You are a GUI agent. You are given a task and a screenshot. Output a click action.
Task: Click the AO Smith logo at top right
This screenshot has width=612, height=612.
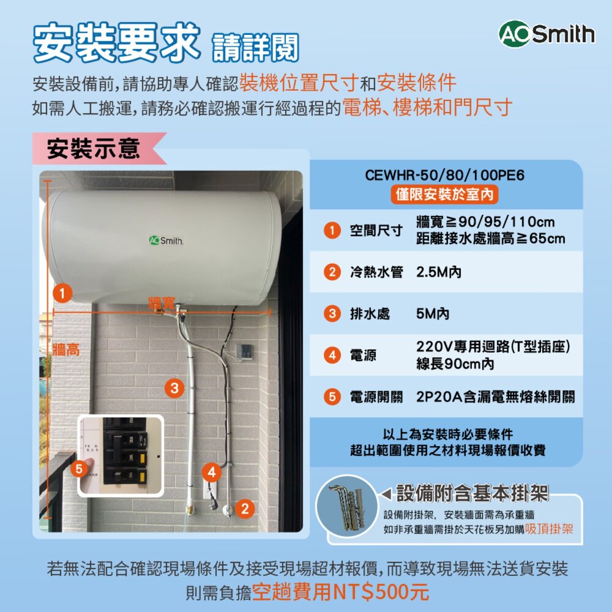click(x=547, y=35)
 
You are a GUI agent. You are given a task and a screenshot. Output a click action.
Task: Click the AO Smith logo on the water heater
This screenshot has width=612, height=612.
click(x=165, y=240)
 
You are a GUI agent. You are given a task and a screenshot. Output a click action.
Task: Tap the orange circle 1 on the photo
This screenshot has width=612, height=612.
click(x=62, y=293)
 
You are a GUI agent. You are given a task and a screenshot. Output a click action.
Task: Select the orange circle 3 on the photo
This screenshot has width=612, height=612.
click(x=174, y=387)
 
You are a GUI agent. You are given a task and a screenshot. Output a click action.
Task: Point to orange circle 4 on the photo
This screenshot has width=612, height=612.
click(x=211, y=473)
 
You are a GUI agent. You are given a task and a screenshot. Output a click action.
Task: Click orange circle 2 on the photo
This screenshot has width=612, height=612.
click(x=245, y=509)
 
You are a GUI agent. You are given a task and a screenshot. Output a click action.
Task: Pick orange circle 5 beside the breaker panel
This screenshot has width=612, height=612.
click(x=78, y=469)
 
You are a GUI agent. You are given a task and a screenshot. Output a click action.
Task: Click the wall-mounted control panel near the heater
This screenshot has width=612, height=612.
click(x=244, y=351)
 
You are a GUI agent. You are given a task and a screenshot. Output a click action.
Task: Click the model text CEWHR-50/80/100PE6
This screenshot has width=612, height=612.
click(x=445, y=176)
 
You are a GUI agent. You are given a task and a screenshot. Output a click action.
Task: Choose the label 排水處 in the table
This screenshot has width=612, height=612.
click(x=369, y=315)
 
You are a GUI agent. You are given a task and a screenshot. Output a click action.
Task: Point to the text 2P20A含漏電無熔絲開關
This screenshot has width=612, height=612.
click(x=495, y=397)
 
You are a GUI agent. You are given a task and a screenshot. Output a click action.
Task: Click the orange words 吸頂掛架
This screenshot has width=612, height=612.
click(x=548, y=529)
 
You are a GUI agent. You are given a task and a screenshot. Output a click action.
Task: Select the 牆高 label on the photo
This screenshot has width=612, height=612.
click(x=65, y=349)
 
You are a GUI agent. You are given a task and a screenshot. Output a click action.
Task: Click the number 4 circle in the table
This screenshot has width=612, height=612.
click(x=332, y=355)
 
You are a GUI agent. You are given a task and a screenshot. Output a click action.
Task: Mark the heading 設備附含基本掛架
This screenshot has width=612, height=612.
click(x=471, y=492)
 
